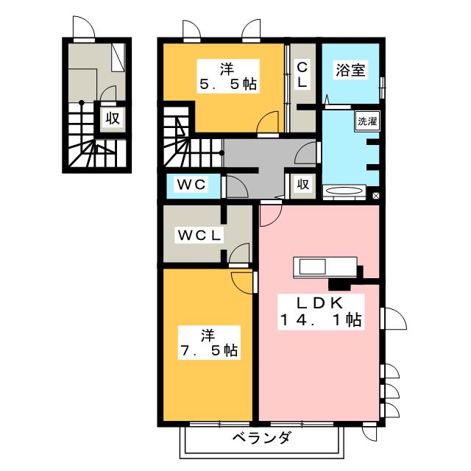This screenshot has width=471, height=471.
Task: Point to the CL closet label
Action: click(302, 75)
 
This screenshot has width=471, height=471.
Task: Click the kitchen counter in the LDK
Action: click(325, 267)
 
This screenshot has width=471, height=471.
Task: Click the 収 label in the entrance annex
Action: click(111, 118)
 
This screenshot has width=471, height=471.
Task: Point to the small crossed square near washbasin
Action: click(375, 196)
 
